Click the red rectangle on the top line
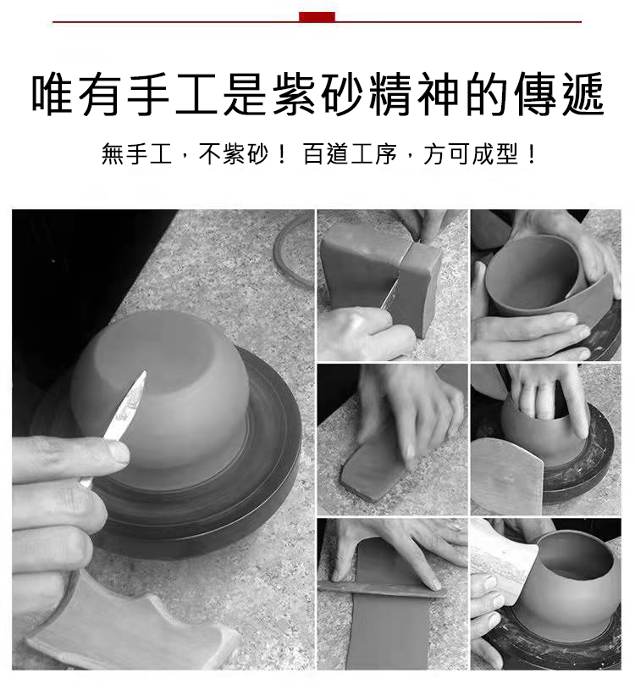[317, 17]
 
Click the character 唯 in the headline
[52, 95]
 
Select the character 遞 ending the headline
[583, 95]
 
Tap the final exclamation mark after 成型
[533, 154]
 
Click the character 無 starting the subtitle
[113, 154]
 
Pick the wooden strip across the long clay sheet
[382, 589]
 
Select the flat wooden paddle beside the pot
[506, 476]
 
